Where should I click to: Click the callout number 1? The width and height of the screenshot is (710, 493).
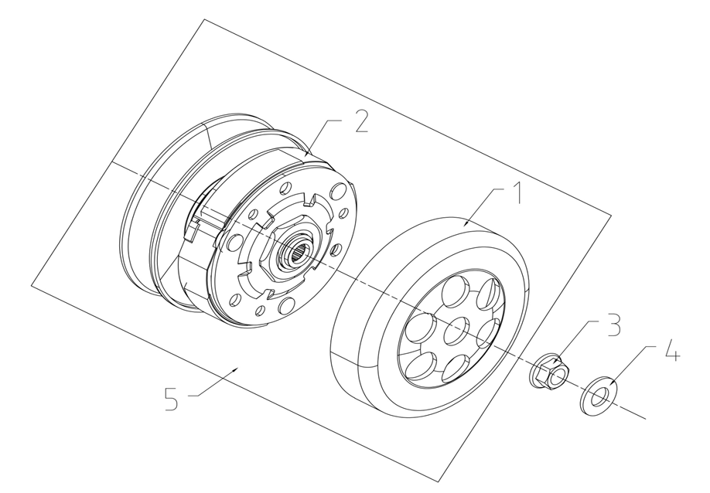(x=516, y=193)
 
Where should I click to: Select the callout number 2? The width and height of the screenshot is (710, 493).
(x=362, y=121)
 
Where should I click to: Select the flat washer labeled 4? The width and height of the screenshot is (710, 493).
(x=598, y=396)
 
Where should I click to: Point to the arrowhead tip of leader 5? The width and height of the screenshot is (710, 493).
(x=237, y=368)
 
